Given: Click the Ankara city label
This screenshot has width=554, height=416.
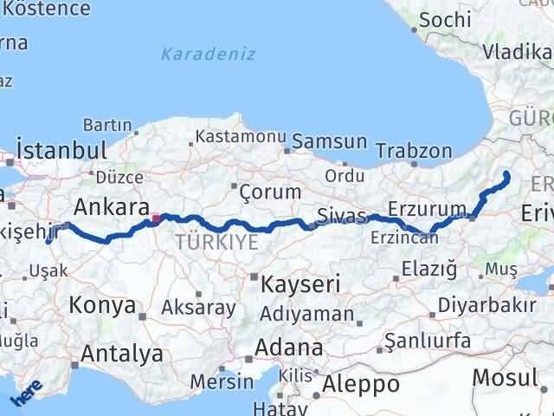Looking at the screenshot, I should [110, 207].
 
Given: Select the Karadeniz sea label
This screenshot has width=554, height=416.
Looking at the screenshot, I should [209, 54].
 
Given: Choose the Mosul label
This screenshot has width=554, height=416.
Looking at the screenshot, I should [505, 377].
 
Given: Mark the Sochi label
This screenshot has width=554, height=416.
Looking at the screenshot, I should [445, 19].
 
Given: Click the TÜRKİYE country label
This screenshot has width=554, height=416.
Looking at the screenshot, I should [216, 243].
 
